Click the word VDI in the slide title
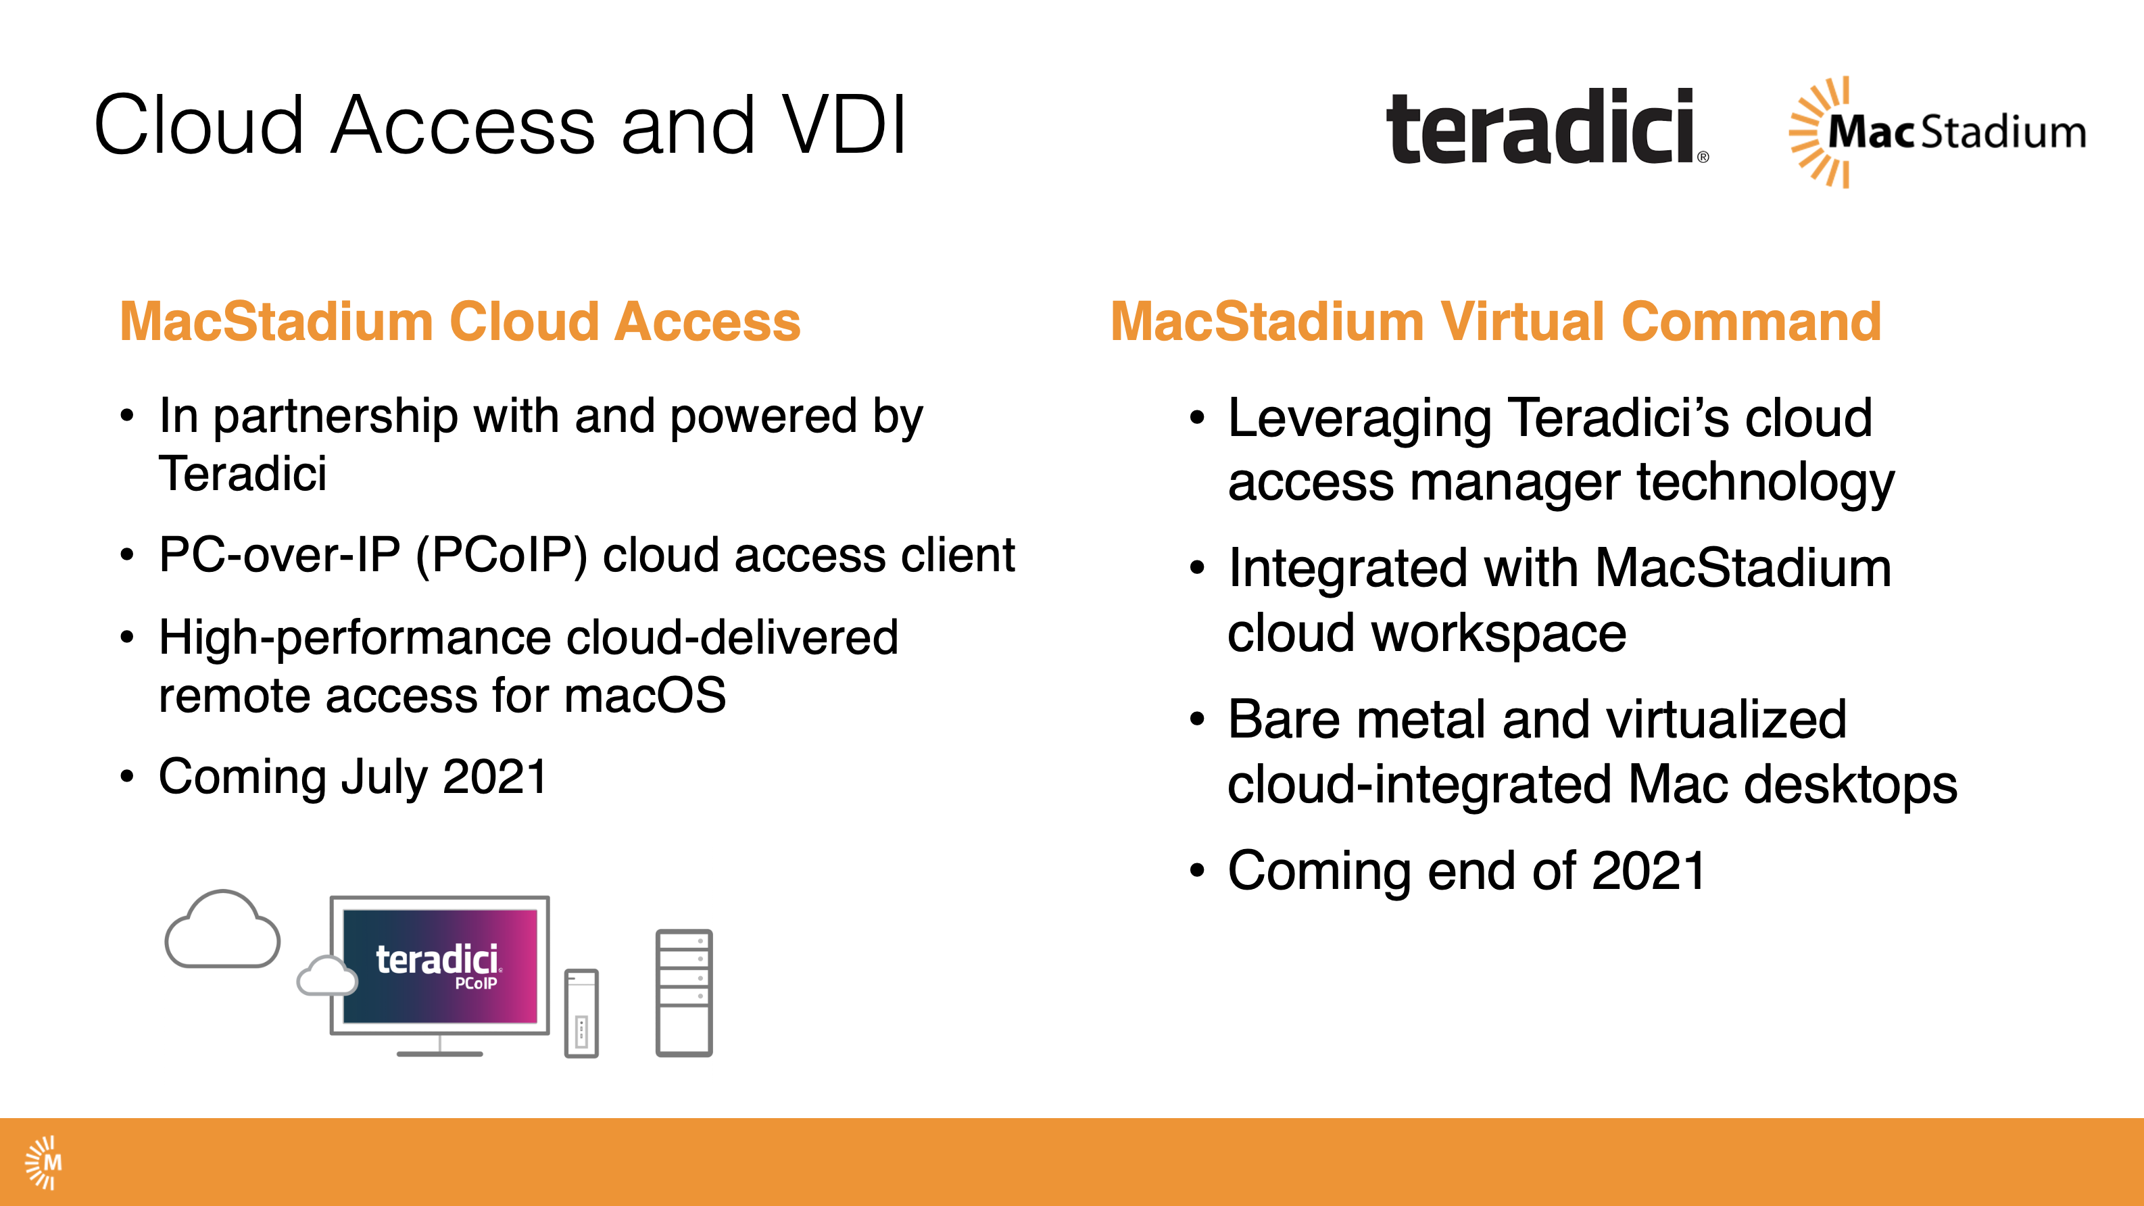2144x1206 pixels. (844, 126)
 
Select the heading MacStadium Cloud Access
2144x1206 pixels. (460, 321)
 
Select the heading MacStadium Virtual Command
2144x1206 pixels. (1495, 321)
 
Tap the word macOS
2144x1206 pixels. (645, 696)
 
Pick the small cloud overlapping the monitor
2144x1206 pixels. (326, 976)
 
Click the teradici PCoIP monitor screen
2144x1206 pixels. (440, 965)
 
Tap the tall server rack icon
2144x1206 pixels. (683, 993)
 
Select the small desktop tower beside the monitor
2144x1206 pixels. (581, 1013)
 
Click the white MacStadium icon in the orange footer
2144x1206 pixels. (43, 1162)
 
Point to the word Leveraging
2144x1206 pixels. (1359, 418)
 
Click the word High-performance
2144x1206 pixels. (355, 638)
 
